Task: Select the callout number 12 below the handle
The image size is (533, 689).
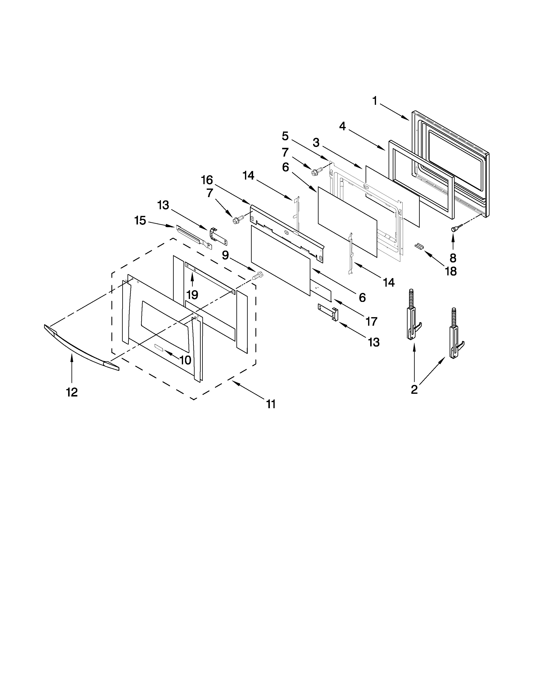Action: click(x=72, y=392)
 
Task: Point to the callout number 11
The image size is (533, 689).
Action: click(x=271, y=404)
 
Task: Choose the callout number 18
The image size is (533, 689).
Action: click(x=451, y=271)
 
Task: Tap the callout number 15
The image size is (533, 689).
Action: click(x=140, y=220)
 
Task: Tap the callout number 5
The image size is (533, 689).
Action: click(x=285, y=136)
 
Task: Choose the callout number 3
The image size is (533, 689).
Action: click(x=316, y=143)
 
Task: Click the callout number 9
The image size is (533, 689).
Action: click(x=225, y=255)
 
